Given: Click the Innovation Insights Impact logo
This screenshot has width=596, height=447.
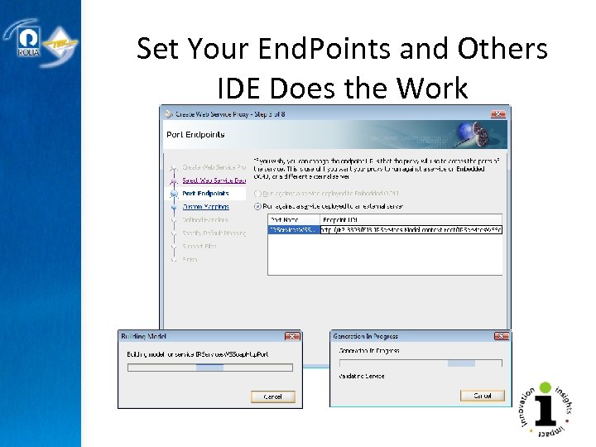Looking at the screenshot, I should click(544, 410).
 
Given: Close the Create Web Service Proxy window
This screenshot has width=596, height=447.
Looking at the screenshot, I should click(498, 113).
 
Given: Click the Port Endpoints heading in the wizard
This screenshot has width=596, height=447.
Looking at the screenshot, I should click(195, 134).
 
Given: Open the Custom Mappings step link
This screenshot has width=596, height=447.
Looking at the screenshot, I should click(204, 206).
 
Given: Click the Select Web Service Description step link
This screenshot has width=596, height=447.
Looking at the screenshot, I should click(214, 180).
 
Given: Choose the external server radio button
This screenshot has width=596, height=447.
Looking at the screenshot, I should click(259, 206).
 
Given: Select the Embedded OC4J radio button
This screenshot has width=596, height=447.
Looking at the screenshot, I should click(259, 193).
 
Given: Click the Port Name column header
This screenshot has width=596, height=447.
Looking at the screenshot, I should click(286, 219).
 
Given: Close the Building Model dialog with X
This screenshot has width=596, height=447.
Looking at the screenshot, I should click(291, 337).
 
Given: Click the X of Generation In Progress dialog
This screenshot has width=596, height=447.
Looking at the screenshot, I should click(502, 337).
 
